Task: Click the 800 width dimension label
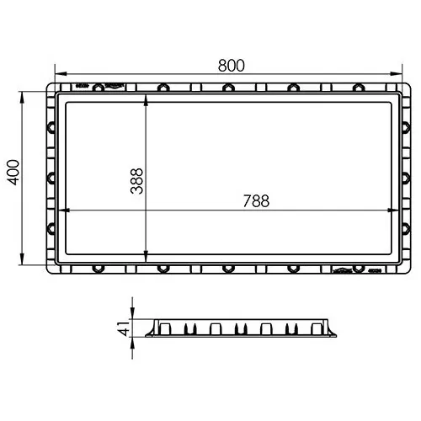point(232,66)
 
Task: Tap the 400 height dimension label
point(13,173)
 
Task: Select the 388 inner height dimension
point(136,181)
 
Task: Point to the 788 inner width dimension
point(256,200)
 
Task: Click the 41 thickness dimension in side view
point(123,328)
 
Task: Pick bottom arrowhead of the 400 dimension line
point(22,258)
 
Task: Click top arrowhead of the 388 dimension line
point(146,100)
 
